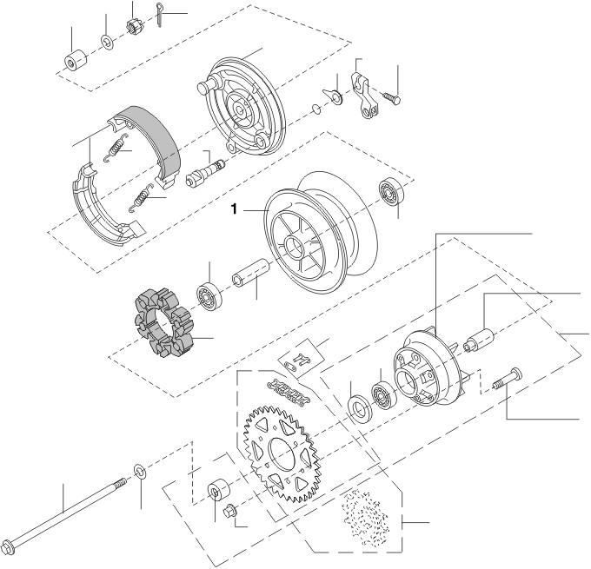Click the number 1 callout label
(x=235, y=208)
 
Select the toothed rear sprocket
(x=282, y=453)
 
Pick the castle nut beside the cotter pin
(x=135, y=27)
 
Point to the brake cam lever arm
(x=365, y=96)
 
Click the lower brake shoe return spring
(x=142, y=197)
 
